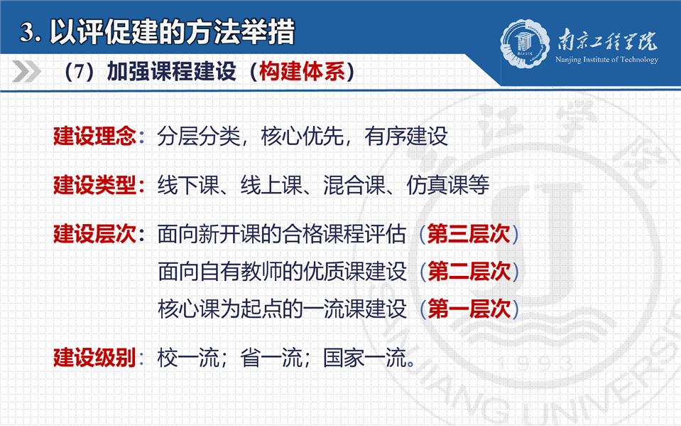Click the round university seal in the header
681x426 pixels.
(x=524, y=43)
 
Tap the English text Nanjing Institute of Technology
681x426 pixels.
(x=606, y=60)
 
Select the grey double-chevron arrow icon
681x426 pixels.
(x=26, y=71)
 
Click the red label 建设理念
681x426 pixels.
(x=94, y=136)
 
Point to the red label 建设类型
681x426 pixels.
(x=94, y=185)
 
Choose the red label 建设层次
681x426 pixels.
(x=94, y=234)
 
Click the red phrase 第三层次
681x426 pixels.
(x=469, y=234)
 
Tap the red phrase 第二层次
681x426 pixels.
(x=469, y=271)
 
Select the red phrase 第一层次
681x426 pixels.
(x=469, y=309)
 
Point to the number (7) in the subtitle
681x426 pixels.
(x=79, y=71)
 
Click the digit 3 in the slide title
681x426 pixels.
(x=27, y=33)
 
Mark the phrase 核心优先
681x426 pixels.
(x=303, y=136)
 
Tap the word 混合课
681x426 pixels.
(x=354, y=185)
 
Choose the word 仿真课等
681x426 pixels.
(x=447, y=185)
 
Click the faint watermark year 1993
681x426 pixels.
(x=535, y=363)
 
